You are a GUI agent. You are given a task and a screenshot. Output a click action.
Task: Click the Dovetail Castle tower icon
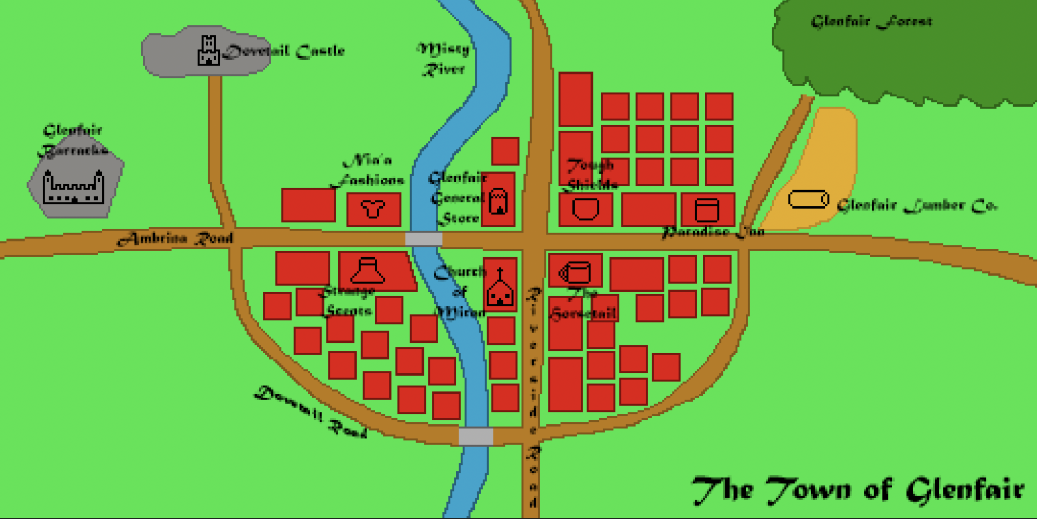click(208, 51)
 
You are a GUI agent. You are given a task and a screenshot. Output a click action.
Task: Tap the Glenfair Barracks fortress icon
click(74, 187)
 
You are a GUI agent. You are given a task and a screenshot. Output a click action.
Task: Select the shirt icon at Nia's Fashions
click(373, 209)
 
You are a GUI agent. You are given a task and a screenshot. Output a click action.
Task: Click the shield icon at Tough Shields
click(585, 209)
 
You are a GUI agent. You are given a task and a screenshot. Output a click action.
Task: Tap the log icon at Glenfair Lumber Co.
click(808, 199)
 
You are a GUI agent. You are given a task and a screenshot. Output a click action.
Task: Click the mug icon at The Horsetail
click(575, 272)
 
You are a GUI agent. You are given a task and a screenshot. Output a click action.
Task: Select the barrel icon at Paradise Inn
click(707, 210)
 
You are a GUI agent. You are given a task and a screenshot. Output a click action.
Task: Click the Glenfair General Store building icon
click(498, 201)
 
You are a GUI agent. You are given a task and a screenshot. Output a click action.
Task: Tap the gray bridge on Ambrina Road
click(424, 238)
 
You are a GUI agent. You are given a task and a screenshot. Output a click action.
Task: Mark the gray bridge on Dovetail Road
click(476, 436)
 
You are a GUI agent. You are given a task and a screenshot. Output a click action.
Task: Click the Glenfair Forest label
click(871, 21)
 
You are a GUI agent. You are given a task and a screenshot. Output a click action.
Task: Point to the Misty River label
click(444, 59)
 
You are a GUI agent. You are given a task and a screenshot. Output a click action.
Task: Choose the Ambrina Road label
click(176, 238)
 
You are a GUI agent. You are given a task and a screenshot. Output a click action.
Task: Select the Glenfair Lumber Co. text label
click(916, 205)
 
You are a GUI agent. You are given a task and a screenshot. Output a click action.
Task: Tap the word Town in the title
click(809, 490)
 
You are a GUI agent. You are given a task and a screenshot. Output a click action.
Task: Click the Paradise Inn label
click(713, 232)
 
